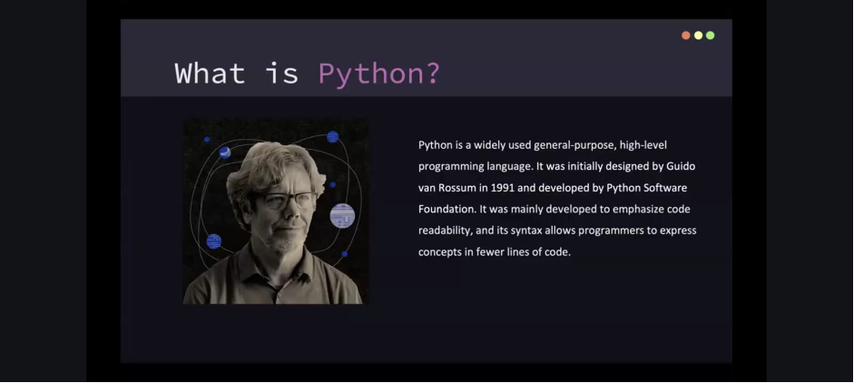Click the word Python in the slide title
[x=371, y=74]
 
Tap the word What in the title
[x=209, y=73]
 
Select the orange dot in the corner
[x=686, y=35]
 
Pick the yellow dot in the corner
[x=698, y=35]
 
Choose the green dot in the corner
[x=711, y=35]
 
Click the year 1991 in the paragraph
[x=502, y=188]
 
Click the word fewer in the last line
[x=490, y=252]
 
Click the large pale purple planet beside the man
[x=342, y=216]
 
